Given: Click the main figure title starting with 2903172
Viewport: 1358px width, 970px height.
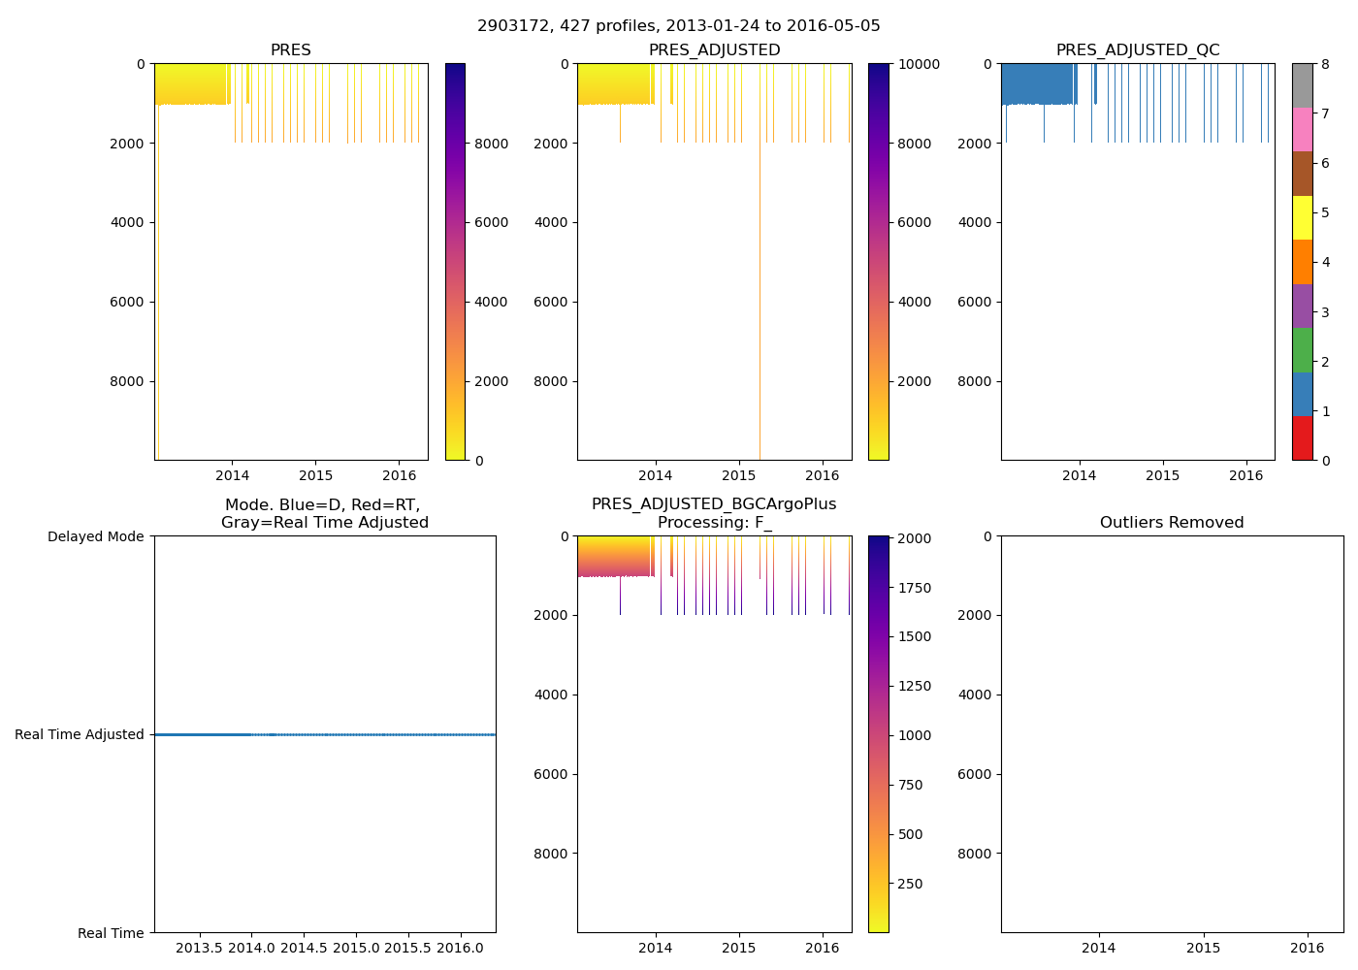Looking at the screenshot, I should [678, 26].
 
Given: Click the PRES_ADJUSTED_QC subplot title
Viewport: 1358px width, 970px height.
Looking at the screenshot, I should [1138, 50].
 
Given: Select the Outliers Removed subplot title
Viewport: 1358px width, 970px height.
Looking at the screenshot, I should [1171, 523].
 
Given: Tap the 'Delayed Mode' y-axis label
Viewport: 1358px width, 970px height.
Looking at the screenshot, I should [95, 536].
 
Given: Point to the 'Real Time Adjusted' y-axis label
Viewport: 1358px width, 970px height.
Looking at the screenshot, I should [80, 734].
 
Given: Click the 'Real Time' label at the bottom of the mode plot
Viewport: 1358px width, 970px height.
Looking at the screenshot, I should [111, 933].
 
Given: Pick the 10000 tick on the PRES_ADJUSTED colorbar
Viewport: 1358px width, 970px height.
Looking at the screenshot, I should [918, 64].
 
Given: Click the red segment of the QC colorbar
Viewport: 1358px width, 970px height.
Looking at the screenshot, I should [1302, 438].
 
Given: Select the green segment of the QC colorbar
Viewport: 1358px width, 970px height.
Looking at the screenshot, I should [1302, 350].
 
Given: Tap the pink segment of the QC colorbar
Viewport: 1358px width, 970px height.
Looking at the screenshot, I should [1302, 129].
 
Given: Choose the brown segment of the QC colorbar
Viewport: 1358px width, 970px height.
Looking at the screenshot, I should [1302, 174].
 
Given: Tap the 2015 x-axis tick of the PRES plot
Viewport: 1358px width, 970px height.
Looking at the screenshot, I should [315, 475].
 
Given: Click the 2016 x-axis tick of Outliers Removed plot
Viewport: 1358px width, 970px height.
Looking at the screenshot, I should [1308, 947].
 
